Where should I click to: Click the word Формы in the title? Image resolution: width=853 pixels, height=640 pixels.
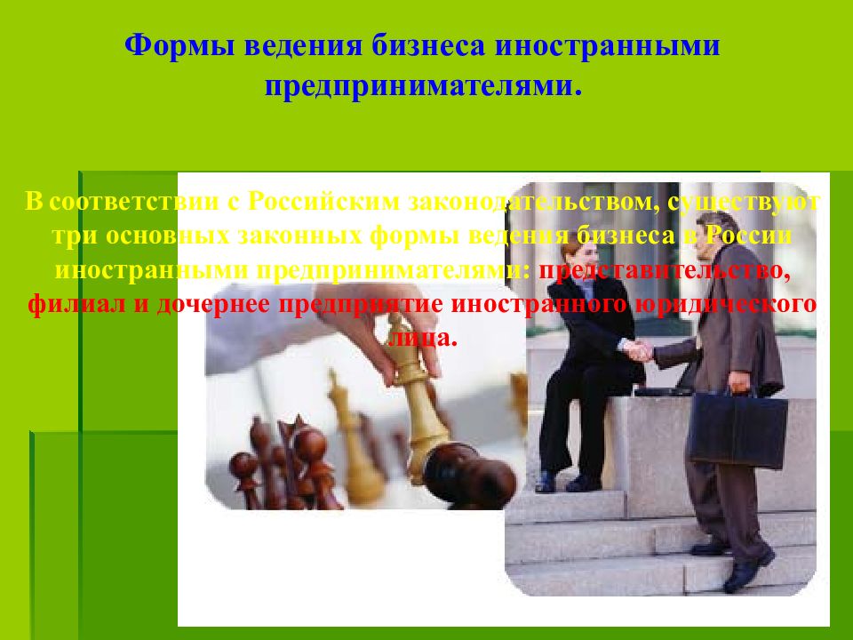tap(170, 46)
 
